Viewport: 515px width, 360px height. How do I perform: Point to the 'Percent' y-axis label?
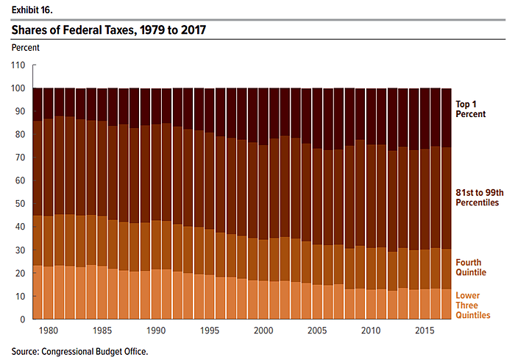point(26,48)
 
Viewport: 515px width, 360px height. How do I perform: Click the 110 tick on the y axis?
point(19,66)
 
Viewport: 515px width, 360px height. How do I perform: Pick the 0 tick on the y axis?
point(23,320)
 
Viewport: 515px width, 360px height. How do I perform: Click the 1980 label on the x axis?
point(49,331)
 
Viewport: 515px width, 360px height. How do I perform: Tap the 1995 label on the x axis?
point(208,331)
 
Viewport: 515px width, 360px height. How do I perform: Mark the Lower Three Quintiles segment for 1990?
point(155,294)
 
